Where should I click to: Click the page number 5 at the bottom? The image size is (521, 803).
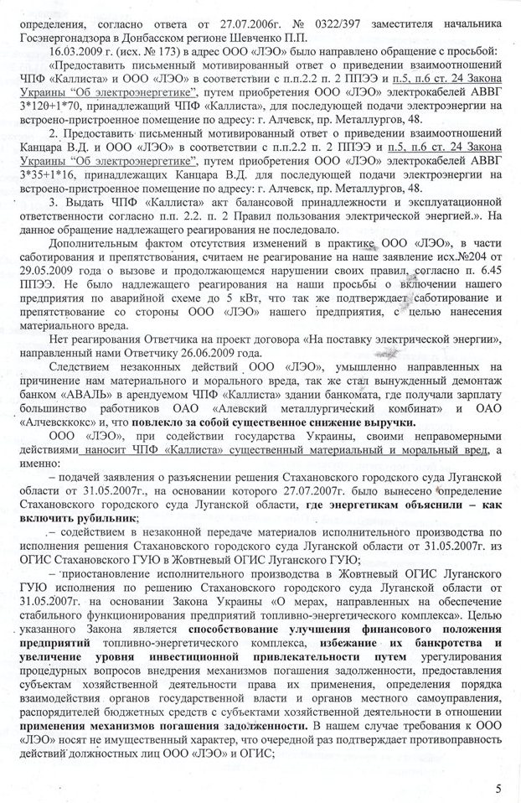click(498, 788)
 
